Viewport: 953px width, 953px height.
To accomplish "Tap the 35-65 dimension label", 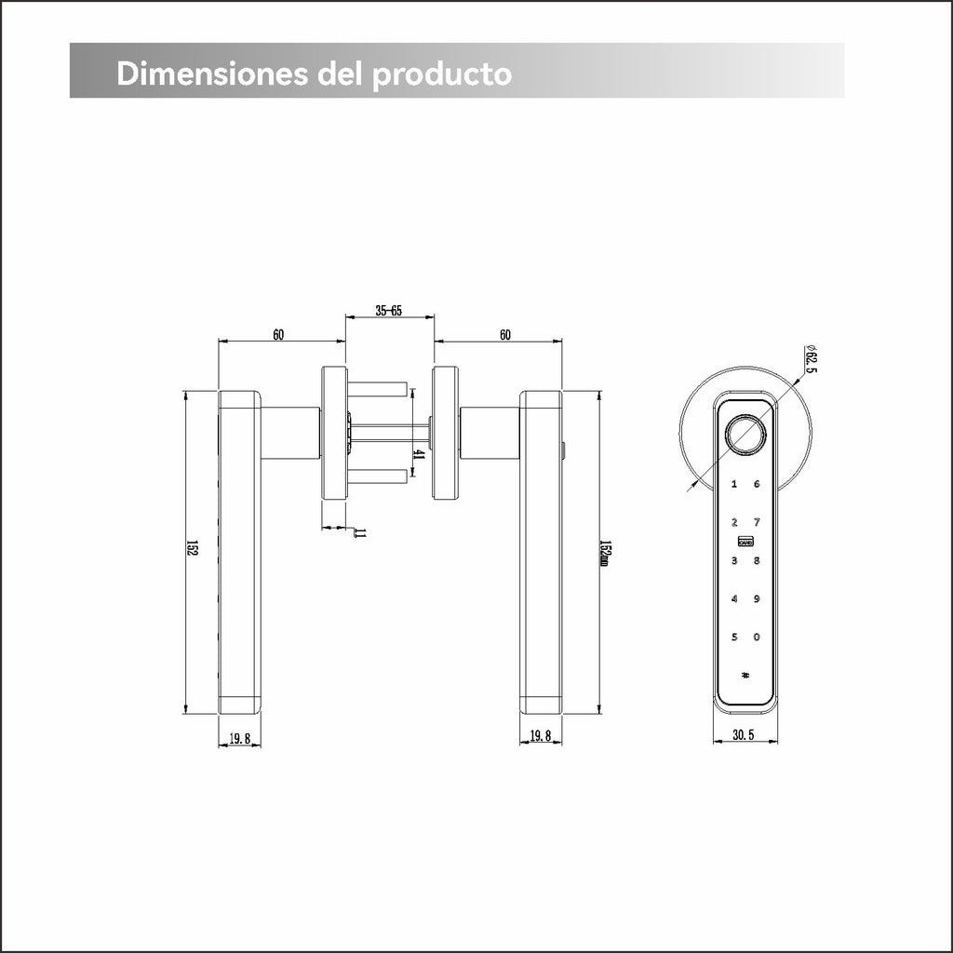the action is click(x=389, y=311).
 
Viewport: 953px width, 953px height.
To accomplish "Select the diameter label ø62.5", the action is click(x=811, y=359).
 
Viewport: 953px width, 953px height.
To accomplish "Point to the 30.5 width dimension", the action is click(x=744, y=735).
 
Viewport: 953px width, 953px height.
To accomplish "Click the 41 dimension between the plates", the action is click(x=418, y=453).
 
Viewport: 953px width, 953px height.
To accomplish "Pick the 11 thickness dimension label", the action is click(x=360, y=533).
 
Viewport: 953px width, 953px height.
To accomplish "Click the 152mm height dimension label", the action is click(x=604, y=553).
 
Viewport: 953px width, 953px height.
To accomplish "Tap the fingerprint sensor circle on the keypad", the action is click(x=745, y=434).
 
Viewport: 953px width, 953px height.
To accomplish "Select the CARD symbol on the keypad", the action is click(x=745, y=541).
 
